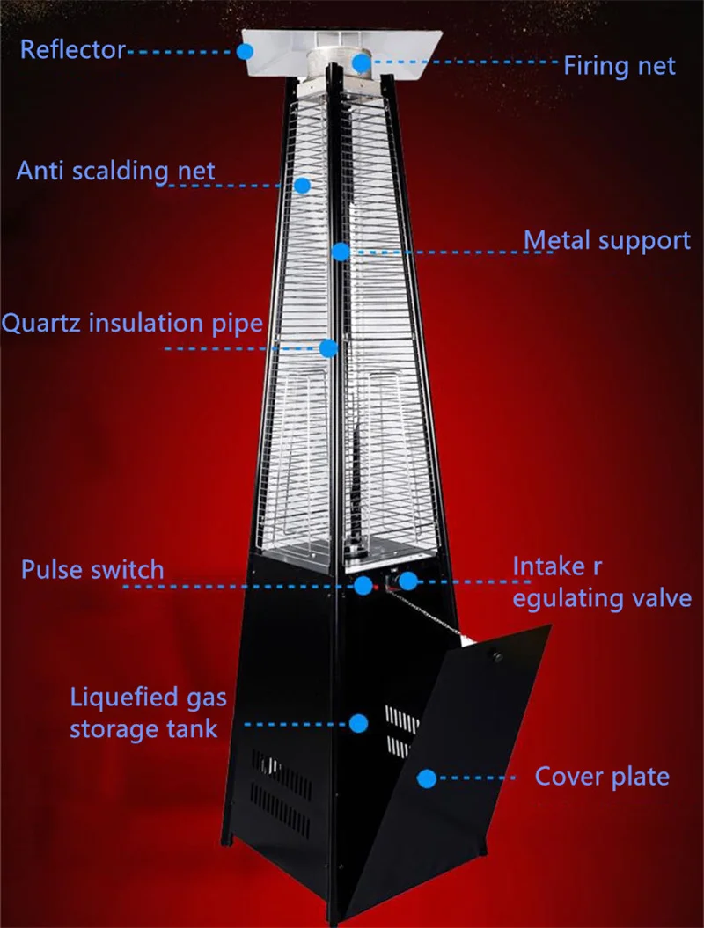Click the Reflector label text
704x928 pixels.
click(x=73, y=49)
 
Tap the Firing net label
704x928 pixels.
click(x=620, y=65)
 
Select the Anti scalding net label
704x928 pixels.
click(x=115, y=170)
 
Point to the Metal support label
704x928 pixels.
click(x=607, y=240)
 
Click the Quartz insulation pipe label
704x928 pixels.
click(x=132, y=323)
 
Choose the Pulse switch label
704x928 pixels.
click(x=92, y=569)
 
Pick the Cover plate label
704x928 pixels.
click(x=602, y=777)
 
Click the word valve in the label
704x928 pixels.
click(x=656, y=598)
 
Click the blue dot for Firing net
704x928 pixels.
click(x=361, y=62)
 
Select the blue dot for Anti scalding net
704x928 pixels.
click(x=302, y=185)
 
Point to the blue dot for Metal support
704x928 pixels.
click(x=341, y=252)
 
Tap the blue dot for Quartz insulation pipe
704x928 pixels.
click(x=328, y=348)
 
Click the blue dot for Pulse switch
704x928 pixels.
click(x=363, y=584)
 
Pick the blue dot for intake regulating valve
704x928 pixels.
click(x=408, y=581)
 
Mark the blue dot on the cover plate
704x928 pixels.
click(x=427, y=778)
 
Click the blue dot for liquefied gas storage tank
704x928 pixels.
click(x=358, y=723)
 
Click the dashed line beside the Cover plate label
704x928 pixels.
click(x=480, y=778)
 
